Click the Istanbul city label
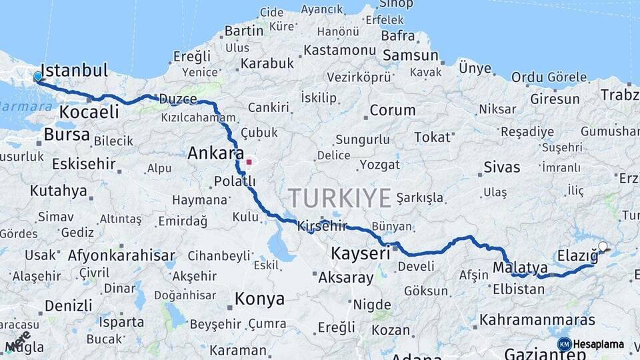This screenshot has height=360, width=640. click(74, 71)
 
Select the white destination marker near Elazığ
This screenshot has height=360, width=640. click(603, 247)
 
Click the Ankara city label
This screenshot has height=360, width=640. click(215, 153)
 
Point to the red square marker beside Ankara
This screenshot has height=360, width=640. click(249, 161)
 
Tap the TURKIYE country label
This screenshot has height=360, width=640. click(339, 198)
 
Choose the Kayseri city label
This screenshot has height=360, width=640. click(361, 253)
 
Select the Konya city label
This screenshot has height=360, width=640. click(260, 299)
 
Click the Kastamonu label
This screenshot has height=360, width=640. click(340, 50)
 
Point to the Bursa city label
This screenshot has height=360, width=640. click(67, 135)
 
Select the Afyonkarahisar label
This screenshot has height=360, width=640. click(121, 255)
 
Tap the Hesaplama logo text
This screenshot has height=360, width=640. click(599, 344)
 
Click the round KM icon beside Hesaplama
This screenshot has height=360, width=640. click(564, 344)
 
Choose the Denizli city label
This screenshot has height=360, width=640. click(68, 306)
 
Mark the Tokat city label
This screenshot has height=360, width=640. click(432, 137)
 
